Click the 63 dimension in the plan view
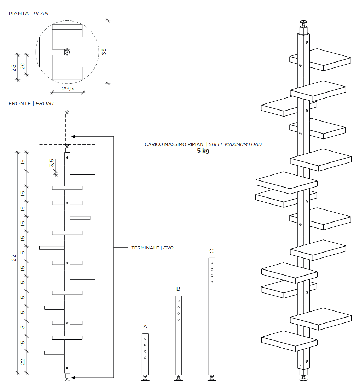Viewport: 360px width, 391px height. tap(104, 52)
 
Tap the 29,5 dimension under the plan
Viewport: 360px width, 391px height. tap(68, 89)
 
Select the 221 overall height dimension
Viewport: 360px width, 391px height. tap(14, 256)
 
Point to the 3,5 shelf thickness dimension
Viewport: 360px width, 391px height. tap(51, 163)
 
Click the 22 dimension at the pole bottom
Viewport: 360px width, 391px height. tap(23, 362)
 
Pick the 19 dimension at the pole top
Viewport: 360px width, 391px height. tap(23, 161)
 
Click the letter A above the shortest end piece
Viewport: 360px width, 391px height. tap(145, 327)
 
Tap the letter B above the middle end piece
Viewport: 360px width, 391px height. tap(178, 289)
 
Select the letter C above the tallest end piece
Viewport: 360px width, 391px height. tap(211, 251)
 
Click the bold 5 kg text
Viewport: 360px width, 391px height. tap(203, 150)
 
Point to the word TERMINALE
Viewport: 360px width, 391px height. tap(145, 248)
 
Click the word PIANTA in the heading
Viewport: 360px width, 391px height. tap(18, 13)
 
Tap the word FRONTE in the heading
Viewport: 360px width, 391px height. tap(19, 103)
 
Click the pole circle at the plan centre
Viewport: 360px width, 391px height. tap(67, 52)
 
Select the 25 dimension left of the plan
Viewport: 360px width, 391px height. tap(14, 68)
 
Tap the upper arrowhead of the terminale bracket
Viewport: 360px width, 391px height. tap(74, 137)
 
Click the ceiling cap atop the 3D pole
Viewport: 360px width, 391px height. tap(303, 22)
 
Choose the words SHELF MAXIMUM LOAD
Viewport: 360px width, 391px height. tap(235, 144)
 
